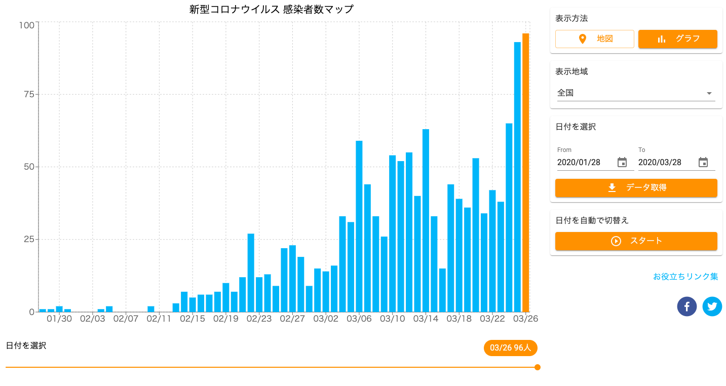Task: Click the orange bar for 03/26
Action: coord(525,172)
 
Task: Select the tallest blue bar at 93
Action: coord(517,177)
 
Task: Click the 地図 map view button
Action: coord(595,39)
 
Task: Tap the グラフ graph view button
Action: coord(677,39)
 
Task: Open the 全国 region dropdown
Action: coord(636,93)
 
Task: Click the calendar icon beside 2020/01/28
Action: coord(622,163)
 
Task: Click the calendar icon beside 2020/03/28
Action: coord(703,163)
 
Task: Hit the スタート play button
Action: coord(636,241)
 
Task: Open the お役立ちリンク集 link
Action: coord(685,277)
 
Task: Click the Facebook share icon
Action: coord(686,306)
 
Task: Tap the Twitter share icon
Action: coord(712,306)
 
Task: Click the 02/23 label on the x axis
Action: coord(259,319)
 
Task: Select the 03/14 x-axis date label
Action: coord(426,319)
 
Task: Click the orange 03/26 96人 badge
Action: coord(510,348)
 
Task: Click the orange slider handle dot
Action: coord(537,367)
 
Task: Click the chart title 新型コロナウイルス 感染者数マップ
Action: coord(271,9)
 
